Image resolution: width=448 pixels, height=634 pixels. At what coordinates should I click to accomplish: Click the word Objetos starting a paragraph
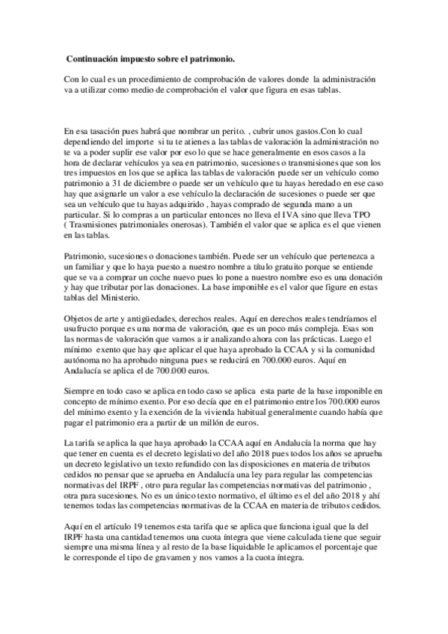pos(81,319)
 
